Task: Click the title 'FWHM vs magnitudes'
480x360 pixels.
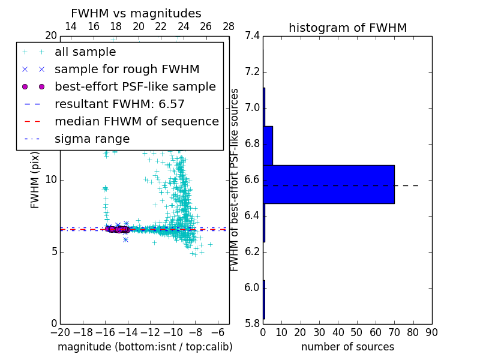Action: click(136, 14)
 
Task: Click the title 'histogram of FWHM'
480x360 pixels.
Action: click(347, 28)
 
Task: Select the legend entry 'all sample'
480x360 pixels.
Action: click(85, 52)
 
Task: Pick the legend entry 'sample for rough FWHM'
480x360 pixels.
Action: click(127, 70)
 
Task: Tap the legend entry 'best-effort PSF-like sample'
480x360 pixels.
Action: click(135, 87)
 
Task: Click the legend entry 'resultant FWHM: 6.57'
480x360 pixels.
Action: click(119, 104)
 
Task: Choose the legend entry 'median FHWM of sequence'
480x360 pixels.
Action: click(136, 122)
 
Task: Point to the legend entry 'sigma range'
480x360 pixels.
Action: click(92, 139)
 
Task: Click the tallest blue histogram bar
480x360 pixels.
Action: click(329, 184)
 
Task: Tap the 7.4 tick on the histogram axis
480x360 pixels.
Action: click(253, 36)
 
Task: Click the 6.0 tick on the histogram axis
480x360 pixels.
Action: click(253, 288)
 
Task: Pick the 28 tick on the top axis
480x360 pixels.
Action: click(229, 26)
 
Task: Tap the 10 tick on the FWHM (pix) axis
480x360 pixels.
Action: click(50, 180)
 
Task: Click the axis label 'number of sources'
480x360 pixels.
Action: click(347, 347)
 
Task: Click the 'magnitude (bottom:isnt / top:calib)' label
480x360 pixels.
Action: click(145, 347)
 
